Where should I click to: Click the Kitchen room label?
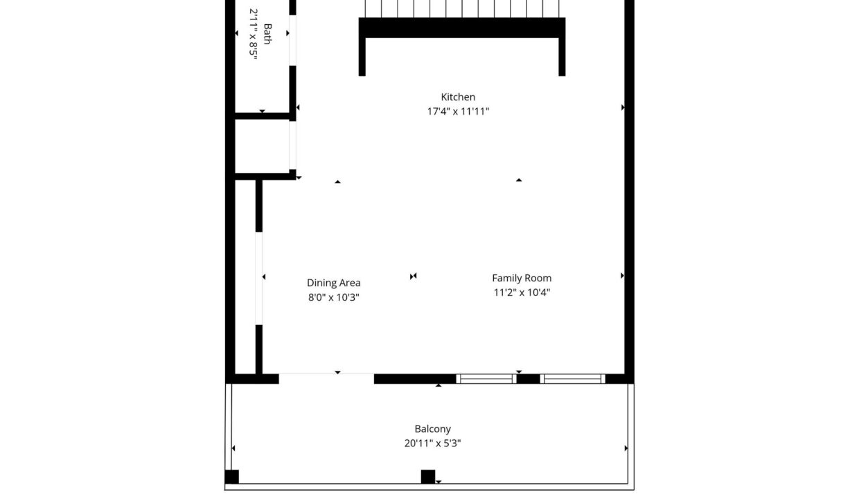coord(458,96)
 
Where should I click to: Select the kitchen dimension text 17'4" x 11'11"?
coord(459,111)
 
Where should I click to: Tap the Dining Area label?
coord(334,283)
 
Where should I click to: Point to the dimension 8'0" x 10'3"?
coord(334,297)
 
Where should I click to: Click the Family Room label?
coord(522,278)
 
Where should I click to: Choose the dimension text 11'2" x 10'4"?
coord(522,292)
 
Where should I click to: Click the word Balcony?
coord(432,429)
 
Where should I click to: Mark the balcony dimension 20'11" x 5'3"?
coord(432,444)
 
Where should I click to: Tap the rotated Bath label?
coord(267,34)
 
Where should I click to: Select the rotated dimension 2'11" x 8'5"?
coord(253,34)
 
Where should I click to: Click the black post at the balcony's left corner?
coord(231,477)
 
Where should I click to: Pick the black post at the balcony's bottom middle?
coord(428,477)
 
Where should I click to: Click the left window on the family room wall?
coord(486,379)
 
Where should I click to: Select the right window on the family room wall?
coord(572,379)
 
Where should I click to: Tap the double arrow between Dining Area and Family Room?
coord(413,276)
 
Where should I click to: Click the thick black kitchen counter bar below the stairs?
coord(461,28)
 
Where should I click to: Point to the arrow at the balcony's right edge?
coord(626,448)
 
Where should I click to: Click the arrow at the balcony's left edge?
coord(233,448)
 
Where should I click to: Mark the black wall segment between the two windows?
coord(529,379)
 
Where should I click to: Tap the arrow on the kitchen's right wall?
coord(623,107)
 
